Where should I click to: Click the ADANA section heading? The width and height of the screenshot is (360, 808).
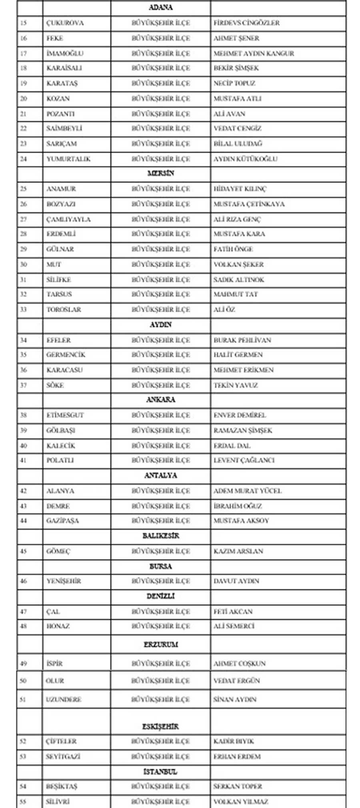coord(160,8)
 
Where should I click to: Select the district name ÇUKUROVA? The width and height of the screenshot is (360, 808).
coord(65,23)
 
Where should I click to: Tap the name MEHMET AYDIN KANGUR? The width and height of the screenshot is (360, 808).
coord(254,54)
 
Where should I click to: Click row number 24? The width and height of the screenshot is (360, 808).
coord(24,159)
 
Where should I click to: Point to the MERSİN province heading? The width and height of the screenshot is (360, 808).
coord(160,174)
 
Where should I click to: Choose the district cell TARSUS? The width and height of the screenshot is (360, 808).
coord(59,294)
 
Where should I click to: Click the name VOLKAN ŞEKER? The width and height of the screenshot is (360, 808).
coord(238,265)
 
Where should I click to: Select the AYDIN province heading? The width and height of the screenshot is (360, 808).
coord(160,325)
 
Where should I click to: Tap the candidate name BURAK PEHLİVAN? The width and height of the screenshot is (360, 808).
coord(242,340)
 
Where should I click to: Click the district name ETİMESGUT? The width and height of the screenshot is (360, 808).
coord(65,415)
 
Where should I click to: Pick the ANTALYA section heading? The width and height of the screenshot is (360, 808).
coord(160,475)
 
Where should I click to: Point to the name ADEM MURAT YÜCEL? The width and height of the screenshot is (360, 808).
coord(247,491)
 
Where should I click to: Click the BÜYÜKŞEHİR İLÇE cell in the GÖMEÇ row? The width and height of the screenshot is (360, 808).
coord(160,551)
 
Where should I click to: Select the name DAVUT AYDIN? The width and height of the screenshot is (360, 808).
coord(236,581)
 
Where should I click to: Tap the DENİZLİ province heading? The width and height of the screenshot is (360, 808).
coord(160,596)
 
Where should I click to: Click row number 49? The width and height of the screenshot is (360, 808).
coord(24,664)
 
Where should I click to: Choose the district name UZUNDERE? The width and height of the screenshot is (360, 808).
coord(64,699)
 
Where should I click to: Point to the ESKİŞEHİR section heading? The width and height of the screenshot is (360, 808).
coord(160,726)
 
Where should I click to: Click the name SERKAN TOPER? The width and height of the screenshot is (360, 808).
coord(238,786)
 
